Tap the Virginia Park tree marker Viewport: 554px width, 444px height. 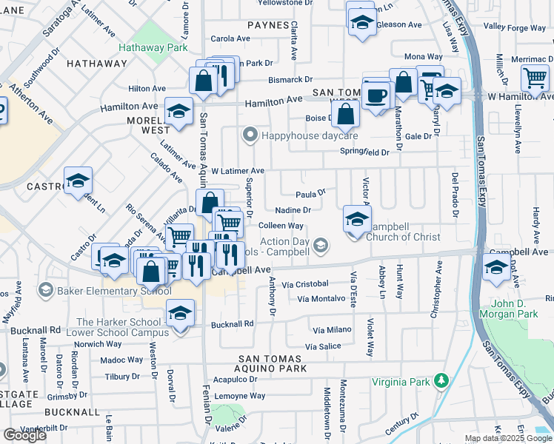click(x=442, y=380)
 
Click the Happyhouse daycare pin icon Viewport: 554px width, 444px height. click(x=250, y=135)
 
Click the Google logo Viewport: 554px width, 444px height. click(x=24, y=435)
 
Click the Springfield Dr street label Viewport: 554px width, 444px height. click(x=364, y=152)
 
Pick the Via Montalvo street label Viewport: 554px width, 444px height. click(x=321, y=299)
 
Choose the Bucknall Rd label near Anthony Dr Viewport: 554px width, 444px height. click(x=233, y=324)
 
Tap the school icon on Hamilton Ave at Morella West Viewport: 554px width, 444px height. click(x=178, y=112)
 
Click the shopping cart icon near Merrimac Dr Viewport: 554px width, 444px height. click(x=535, y=77)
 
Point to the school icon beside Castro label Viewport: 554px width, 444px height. click(x=77, y=181)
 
